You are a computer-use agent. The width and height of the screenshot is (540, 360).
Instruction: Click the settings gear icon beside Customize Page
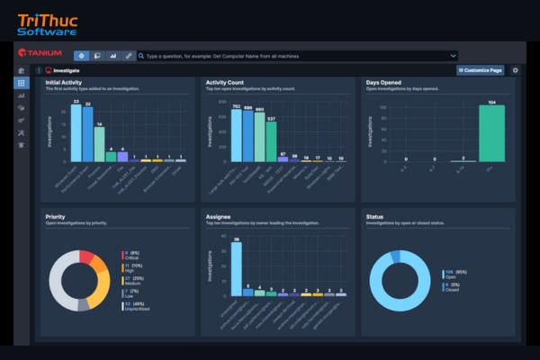[x=515, y=69]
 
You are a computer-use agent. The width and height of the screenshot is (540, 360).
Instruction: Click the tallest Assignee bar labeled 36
[x=236, y=269]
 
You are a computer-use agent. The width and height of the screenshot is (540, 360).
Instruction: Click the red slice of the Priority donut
[x=87, y=257]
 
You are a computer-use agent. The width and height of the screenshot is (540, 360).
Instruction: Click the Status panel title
[x=375, y=216]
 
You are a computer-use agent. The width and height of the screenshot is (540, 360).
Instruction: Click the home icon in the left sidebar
[x=21, y=70]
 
